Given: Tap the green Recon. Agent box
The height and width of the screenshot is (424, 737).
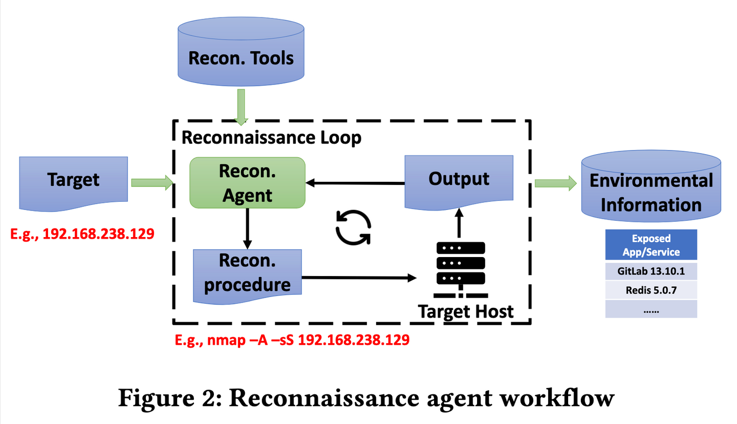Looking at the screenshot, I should click(x=247, y=182).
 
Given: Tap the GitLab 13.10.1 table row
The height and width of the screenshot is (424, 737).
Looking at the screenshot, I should click(x=651, y=270).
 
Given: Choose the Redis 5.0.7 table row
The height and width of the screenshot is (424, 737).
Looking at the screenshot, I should click(x=651, y=290).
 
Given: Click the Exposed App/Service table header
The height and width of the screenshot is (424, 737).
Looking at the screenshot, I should click(x=651, y=245).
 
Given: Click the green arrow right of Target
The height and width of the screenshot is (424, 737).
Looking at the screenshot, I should click(x=152, y=183).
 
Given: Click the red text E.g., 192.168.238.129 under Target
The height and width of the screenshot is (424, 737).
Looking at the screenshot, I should click(x=82, y=234).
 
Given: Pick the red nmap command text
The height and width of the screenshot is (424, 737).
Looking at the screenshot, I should click(x=292, y=340).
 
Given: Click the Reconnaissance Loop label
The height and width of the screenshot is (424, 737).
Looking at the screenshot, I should click(x=271, y=138).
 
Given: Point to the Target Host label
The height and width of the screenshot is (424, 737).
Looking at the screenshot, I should click(x=466, y=310).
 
